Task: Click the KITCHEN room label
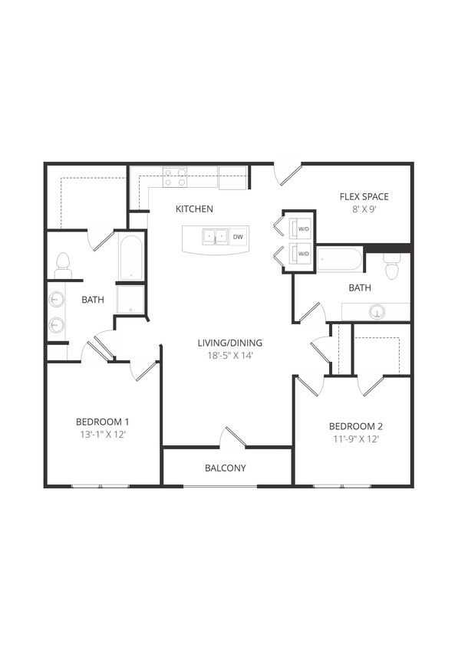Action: (x=194, y=209)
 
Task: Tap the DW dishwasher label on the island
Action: (x=238, y=237)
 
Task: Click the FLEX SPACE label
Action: (x=364, y=196)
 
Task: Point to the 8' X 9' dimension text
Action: (x=364, y=209)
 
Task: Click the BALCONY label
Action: (x=225, y=468)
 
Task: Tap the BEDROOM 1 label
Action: (x=102, y=422)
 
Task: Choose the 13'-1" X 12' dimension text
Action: (x=102, y=435)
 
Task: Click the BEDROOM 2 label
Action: (x=355, y=426)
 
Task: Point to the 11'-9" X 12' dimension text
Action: (x=355, y=439)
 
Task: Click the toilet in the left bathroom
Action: (x=63, y=266)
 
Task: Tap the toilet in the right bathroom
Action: (x=392, y=267)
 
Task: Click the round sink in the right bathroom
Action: (x=377, y=312)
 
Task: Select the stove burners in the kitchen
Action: (x=176, y=177)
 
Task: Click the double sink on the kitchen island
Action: (x=214, y=236)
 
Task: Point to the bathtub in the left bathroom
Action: (x=130, y=258)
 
